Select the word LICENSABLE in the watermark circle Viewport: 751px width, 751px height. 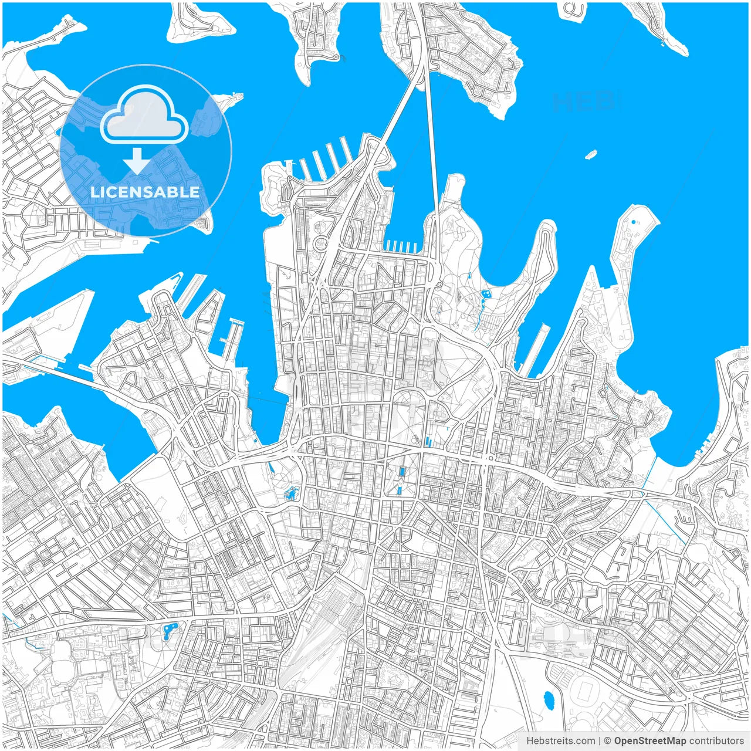click(144, 192)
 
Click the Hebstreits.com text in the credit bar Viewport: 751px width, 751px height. click(560, 741)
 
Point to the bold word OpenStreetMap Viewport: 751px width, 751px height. click(649, 741)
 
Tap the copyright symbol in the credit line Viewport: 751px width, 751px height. click(607, 741)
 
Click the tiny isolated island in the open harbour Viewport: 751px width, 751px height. click(591, 154)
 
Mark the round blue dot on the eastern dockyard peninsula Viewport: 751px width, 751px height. click(634, 222)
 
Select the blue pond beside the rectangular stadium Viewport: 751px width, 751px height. click(549, 699)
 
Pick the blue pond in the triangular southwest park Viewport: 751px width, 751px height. click(170, 631)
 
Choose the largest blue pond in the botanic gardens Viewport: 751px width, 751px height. click(485, 295)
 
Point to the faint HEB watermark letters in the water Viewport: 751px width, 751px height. click(584, 102)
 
